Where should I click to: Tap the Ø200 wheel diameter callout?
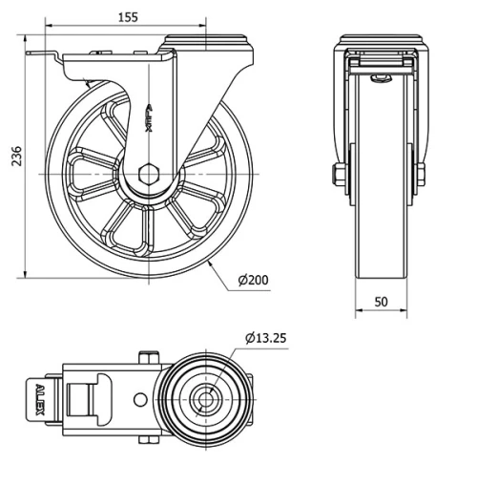coord(254,280)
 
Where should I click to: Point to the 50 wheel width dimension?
coord(381,302)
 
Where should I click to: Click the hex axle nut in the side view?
coord(149,176)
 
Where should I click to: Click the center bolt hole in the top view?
coord(204,397)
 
